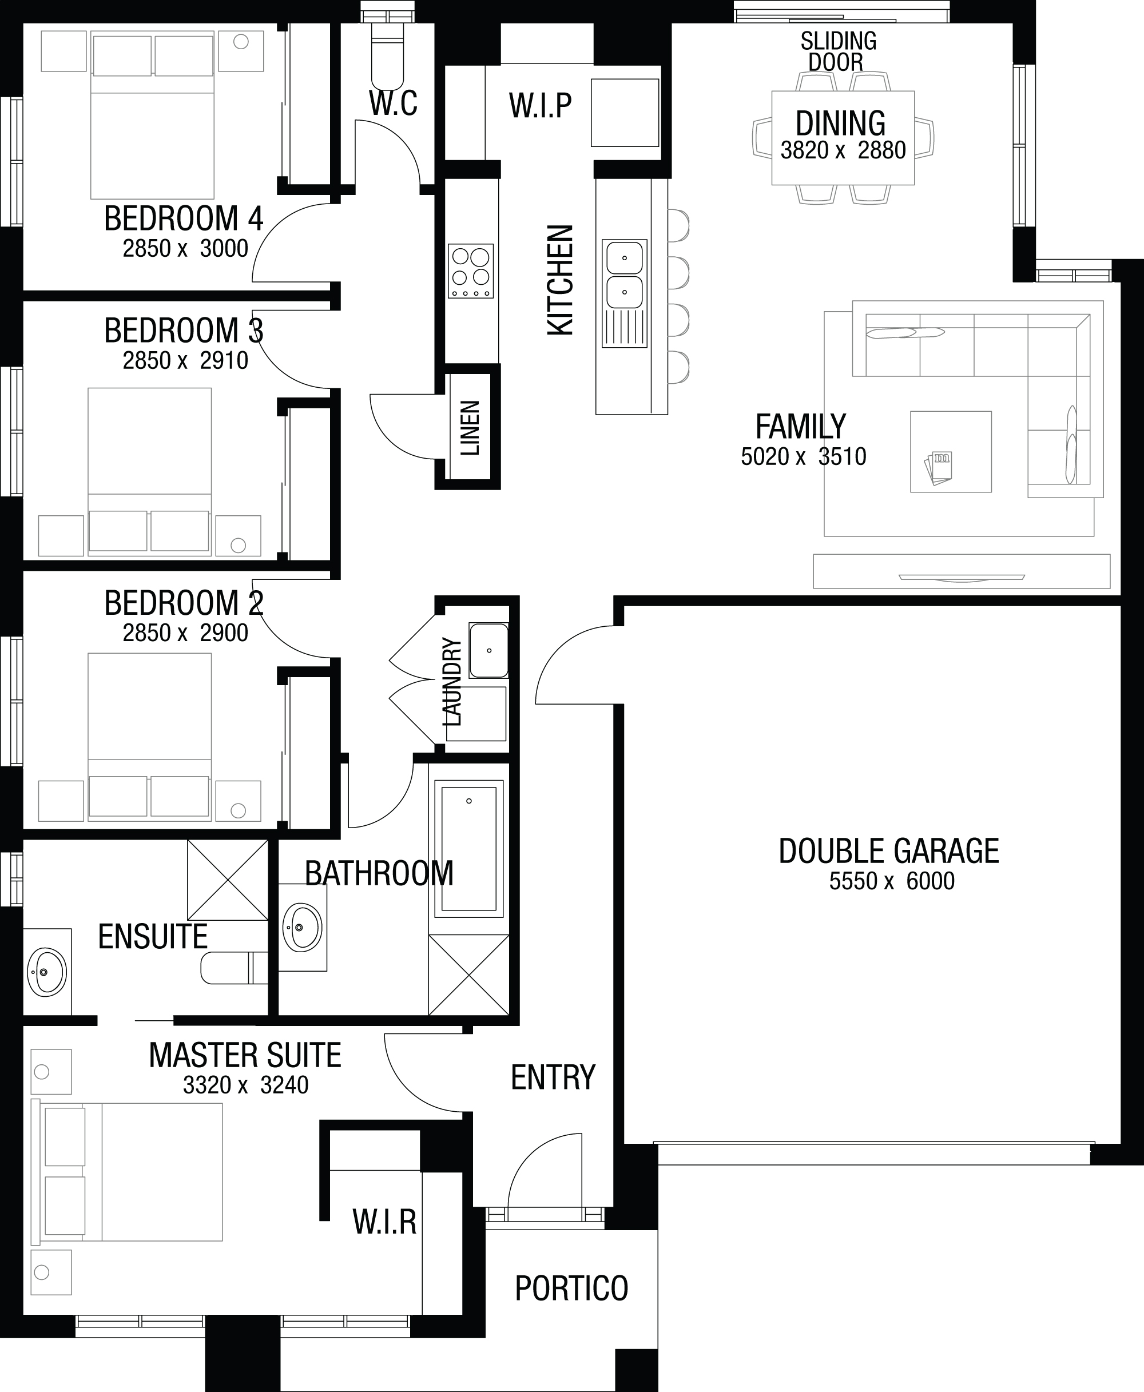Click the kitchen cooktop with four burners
point(471,271)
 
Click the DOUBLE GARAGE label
point(888,850)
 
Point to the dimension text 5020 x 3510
point(803,456)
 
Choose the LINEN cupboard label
point(470,428)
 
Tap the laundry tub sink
point(488,651)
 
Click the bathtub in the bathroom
point(468,849)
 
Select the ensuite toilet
point(234,968)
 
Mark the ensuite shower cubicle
point(228,880)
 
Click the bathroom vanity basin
point(303,927)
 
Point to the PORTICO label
point(571,1288)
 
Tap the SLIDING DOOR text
point(838,51)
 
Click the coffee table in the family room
point(951,452)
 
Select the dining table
point(843,138)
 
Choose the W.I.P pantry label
point(541,105)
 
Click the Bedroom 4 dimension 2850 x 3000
point(185,248)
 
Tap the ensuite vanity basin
point(47,972)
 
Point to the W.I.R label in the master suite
point(385,1222)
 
